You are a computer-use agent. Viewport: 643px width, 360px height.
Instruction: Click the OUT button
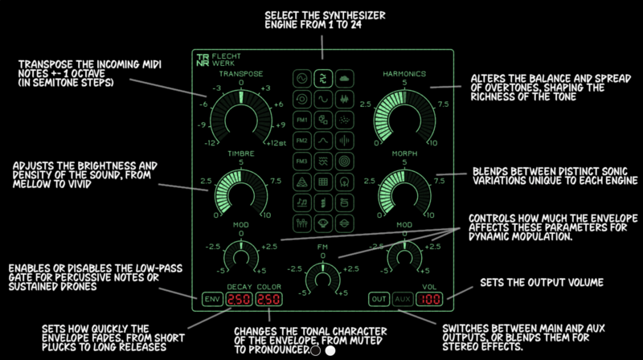point(379,300)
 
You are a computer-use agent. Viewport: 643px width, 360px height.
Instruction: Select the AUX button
point(403,300)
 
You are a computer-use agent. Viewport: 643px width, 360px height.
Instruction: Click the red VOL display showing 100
point(430,300)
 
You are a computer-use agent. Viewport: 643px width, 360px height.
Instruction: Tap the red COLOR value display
point(269,300)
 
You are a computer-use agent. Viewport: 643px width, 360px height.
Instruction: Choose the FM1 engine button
point(301,120)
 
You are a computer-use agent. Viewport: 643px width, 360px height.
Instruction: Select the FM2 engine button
point(301,141)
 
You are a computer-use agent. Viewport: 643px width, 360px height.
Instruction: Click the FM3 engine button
point(301,162)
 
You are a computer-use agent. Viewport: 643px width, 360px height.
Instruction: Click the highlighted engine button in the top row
point(322,78)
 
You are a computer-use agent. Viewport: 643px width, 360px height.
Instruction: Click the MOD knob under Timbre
point(240,257)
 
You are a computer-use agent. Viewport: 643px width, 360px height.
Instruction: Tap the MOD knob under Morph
point(404,257)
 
